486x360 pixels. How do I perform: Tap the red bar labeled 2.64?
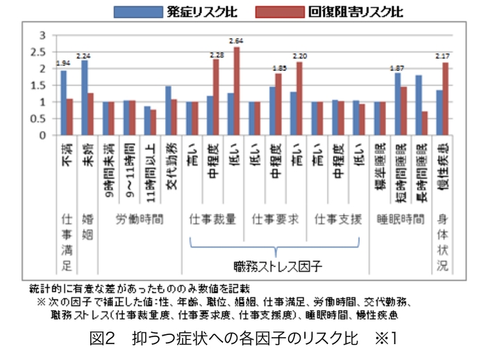(x=237, y=91)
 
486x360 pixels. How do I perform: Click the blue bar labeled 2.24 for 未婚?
(x=84, y=98)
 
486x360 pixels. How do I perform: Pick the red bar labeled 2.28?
(x=216, y=97)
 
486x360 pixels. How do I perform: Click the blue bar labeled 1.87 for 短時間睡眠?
(x=397, y=104)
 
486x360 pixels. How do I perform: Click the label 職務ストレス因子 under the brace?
(x=275, y=266)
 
